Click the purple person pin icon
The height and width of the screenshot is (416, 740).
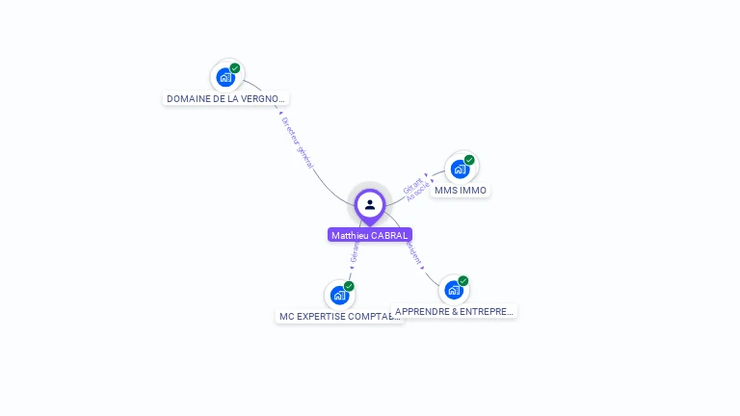tap(370, 205)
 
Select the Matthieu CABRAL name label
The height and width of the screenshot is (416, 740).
tap(370, 235)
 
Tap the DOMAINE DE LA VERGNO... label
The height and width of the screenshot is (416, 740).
tap(226, 98)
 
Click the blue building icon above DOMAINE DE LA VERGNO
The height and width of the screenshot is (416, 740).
tap(225, 77)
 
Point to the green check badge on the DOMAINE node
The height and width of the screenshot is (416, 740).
tap(235, 68)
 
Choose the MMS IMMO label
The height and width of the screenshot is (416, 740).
tap(461, 190)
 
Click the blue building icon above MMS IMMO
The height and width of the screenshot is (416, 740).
tap(460, 169)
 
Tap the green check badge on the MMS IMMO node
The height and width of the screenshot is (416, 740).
tap(469, 160)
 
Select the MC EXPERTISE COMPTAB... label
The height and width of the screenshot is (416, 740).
tap(338, 316)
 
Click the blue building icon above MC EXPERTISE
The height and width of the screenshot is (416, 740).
tap(338, 295)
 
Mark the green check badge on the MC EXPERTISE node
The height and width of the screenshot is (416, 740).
tap(349, 286)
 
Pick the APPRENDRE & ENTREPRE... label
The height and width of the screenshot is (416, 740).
tap(455, 311)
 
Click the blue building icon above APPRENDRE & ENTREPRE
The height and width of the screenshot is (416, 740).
tap(453, 290)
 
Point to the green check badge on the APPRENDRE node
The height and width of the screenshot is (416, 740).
tap(463, 281)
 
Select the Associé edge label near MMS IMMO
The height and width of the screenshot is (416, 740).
tap(418, 192)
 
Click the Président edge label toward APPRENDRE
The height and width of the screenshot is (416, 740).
tap(414, 254)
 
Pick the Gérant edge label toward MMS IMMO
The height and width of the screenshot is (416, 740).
tap(412, 184)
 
